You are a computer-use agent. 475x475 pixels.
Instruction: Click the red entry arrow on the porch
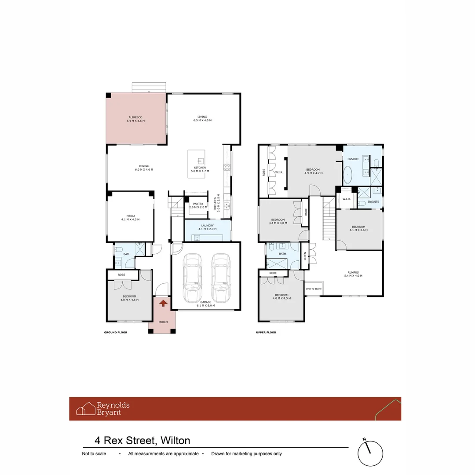pyautogui.click(x=163, y=303)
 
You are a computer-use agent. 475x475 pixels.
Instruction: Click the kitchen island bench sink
pyautogui.click(x=200, y=161)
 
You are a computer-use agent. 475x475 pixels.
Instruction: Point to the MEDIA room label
pyautogui.click(x=131, y=218)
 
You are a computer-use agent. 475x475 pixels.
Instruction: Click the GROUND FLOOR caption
pyautogui.click(x=115, y=332)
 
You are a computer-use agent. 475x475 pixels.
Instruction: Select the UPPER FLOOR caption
pyautogui.click(x=266, y=332)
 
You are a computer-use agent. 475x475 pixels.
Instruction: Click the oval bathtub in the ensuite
pyautogui.click(x=348, y=175)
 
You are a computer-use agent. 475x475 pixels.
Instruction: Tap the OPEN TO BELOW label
pyautogui.click(x=314, y=289)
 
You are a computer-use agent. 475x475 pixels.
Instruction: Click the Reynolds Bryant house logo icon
pyautogui.click(x=86, y=409)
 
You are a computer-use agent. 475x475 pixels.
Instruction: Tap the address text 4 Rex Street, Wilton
pyautogui.click(x=142, y=441)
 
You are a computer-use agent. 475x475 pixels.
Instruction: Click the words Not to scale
pyautogui.click(x=94, y=454)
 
